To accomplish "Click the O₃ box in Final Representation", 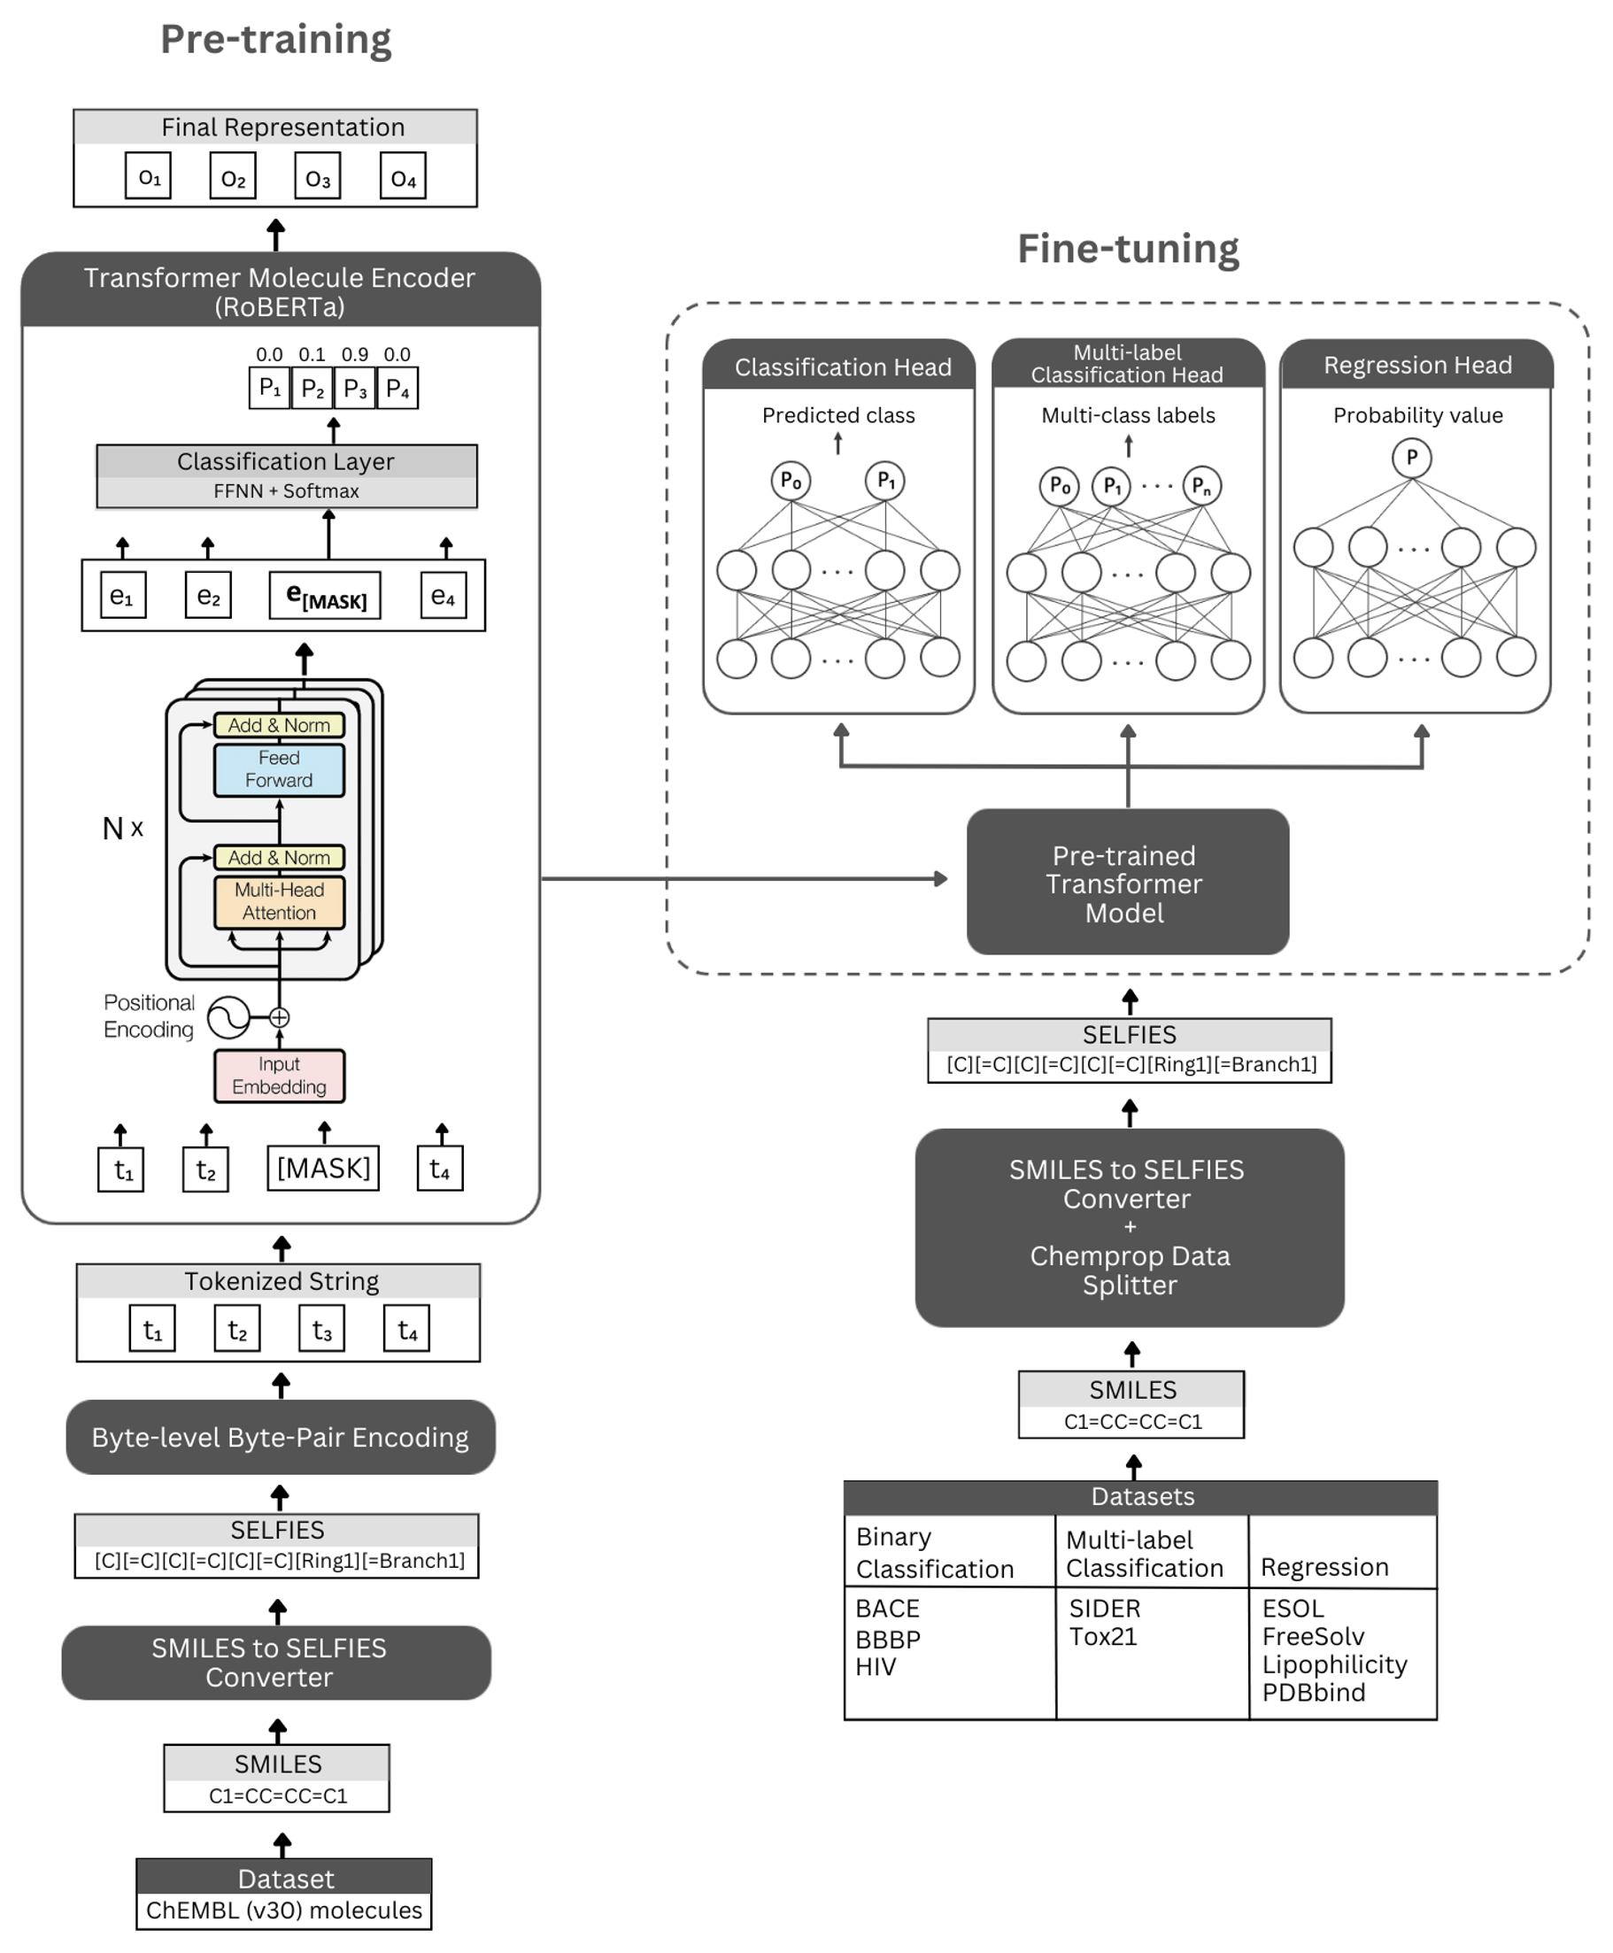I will tap(317, 176).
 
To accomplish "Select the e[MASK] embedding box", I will tap(325, 596).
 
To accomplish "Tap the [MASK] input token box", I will tap(323, 1168).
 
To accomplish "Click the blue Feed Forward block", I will tap(279, 769).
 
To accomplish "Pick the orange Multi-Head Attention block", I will tap(279, 901).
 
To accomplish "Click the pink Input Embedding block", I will tap(279, 1076).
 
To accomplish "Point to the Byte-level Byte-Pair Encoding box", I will tap(280, 1438).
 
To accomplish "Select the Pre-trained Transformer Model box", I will tap(1127, 883).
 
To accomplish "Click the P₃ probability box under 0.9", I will tap(355, 389).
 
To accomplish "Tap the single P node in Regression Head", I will tap(1411, 457).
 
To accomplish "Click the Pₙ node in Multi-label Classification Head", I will tap(1201, 485).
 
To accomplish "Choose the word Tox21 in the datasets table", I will tap(1103, 1636).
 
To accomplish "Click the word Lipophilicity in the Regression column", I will tap(1334, 1664).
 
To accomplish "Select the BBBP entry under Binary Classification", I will tap(887, 1639).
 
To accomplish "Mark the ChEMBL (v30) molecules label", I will tap(283, 1910).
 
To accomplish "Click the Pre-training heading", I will tap(276, 39).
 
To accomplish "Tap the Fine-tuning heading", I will tap(1128, 249).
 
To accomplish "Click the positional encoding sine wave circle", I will tap(228, 1017).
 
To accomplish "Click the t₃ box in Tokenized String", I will tap(321, 1331).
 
